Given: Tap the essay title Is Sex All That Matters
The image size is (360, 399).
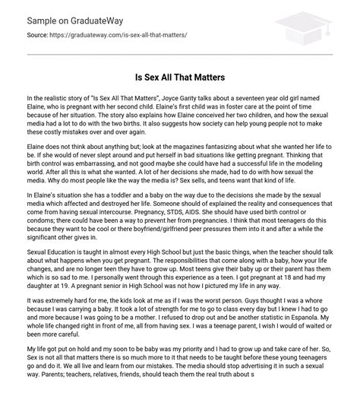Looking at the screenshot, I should pos(180,76).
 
